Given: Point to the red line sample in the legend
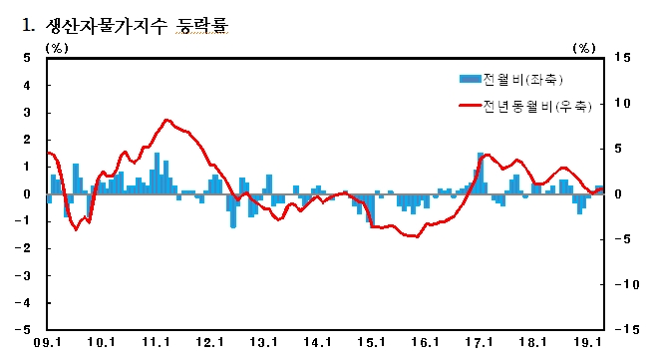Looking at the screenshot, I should pyautogui.click(x=468, y=104).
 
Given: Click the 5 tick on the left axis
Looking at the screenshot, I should pyautogui.click(x=28, y=59).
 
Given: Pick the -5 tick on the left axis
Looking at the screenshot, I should pyautogui.click(x=25, y=329).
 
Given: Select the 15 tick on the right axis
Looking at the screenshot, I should pyautogui.click(x=622, y=59).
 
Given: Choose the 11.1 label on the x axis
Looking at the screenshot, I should pyautogui.click(x=156, y=343).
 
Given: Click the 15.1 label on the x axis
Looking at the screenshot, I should pyautogui.click(x=371, y=343).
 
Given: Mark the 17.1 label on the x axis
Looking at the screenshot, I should pyautogui.click(x=481, y=343).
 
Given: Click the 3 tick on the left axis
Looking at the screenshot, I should pyautogui.click(x=28, y=113).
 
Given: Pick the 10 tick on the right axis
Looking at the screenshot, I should pyautogui.click(x=622, y=104).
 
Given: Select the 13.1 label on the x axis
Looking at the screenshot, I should pyautogui.click(x=263, y=343).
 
